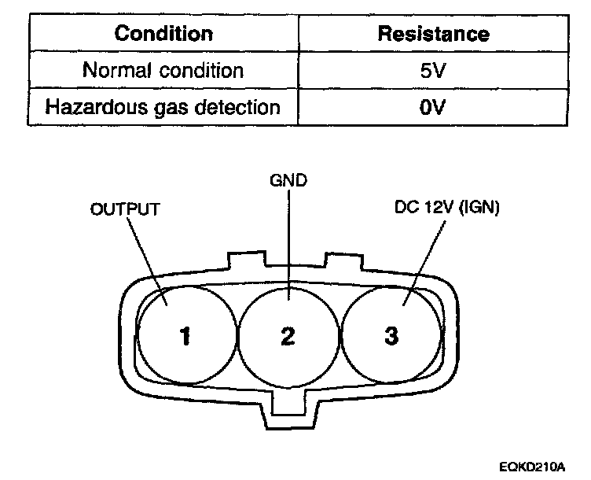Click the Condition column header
[x=163, y=34]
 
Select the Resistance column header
[x=433, y=34]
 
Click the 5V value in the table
[x=433, y=69]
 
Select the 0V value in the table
[x=433, y=105]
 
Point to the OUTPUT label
[x=127, y=209]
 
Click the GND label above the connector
[x=288, y=181]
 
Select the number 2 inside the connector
[x=288, y=337]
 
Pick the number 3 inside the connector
[x=391, y=337]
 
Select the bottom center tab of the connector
[x=288, y=409]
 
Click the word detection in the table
[x=237, y=105]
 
